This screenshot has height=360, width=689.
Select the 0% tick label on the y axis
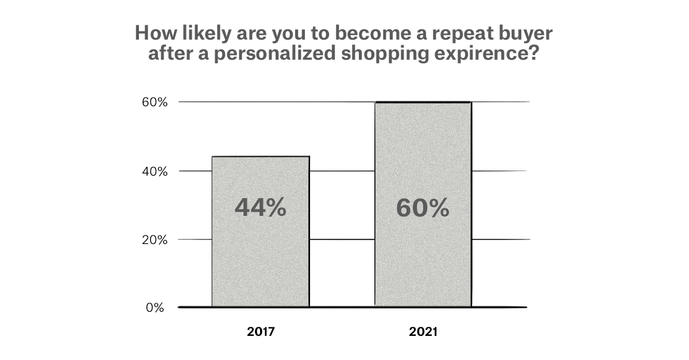[155, 308]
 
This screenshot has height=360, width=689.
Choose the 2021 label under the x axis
[423, 332]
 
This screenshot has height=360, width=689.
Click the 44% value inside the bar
[260, 208]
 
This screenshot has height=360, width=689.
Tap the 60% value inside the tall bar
[423, 208]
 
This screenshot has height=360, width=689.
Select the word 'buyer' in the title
[526, 34]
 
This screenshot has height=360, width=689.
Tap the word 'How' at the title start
[152, 34]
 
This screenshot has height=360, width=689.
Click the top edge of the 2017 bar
[260, 156]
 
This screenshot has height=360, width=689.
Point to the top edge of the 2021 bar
[423, 102]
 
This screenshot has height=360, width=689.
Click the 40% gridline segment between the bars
[342, 171]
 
